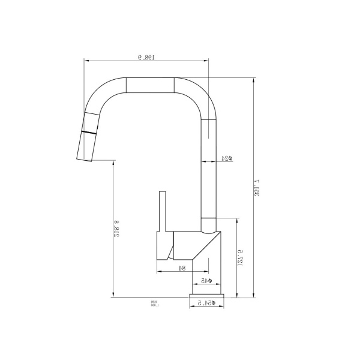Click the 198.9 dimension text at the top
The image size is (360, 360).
pyautogui.click(x=146, y=58)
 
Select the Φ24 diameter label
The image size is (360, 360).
pyautogui.click(x=227, y=158)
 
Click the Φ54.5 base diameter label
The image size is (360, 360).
pyautogui.click(x=206, y=304)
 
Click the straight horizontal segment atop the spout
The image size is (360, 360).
pyautogui.click(x=150, y=85)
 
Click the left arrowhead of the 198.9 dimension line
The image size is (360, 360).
pyautogui.click(x=86, y=61)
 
